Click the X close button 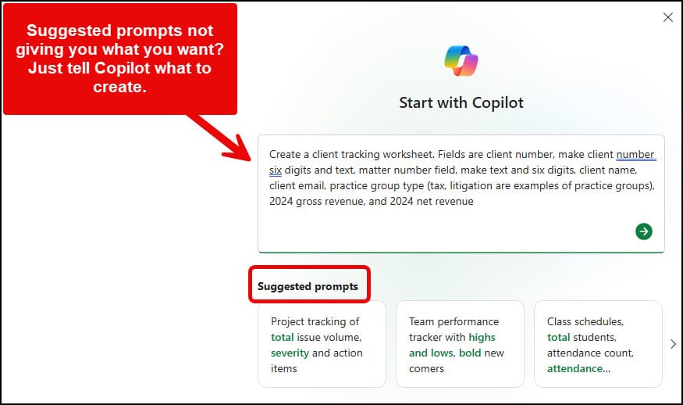tap(667, 17)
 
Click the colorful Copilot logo tap(461, 61)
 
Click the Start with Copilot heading tap(461, 102)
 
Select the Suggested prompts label tap(308, 286)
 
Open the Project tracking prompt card tap(322, 344)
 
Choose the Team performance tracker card tap(459, 344)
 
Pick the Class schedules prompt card tap(598, 344)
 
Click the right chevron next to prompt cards tap(674, 343)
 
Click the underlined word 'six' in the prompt tap(275, 170)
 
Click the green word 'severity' tap(290, 353)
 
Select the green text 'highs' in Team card tap(482, 337)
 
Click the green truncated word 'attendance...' tap(579, 368)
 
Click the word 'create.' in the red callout tap(120, 87)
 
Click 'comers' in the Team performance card tap(426, 368)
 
